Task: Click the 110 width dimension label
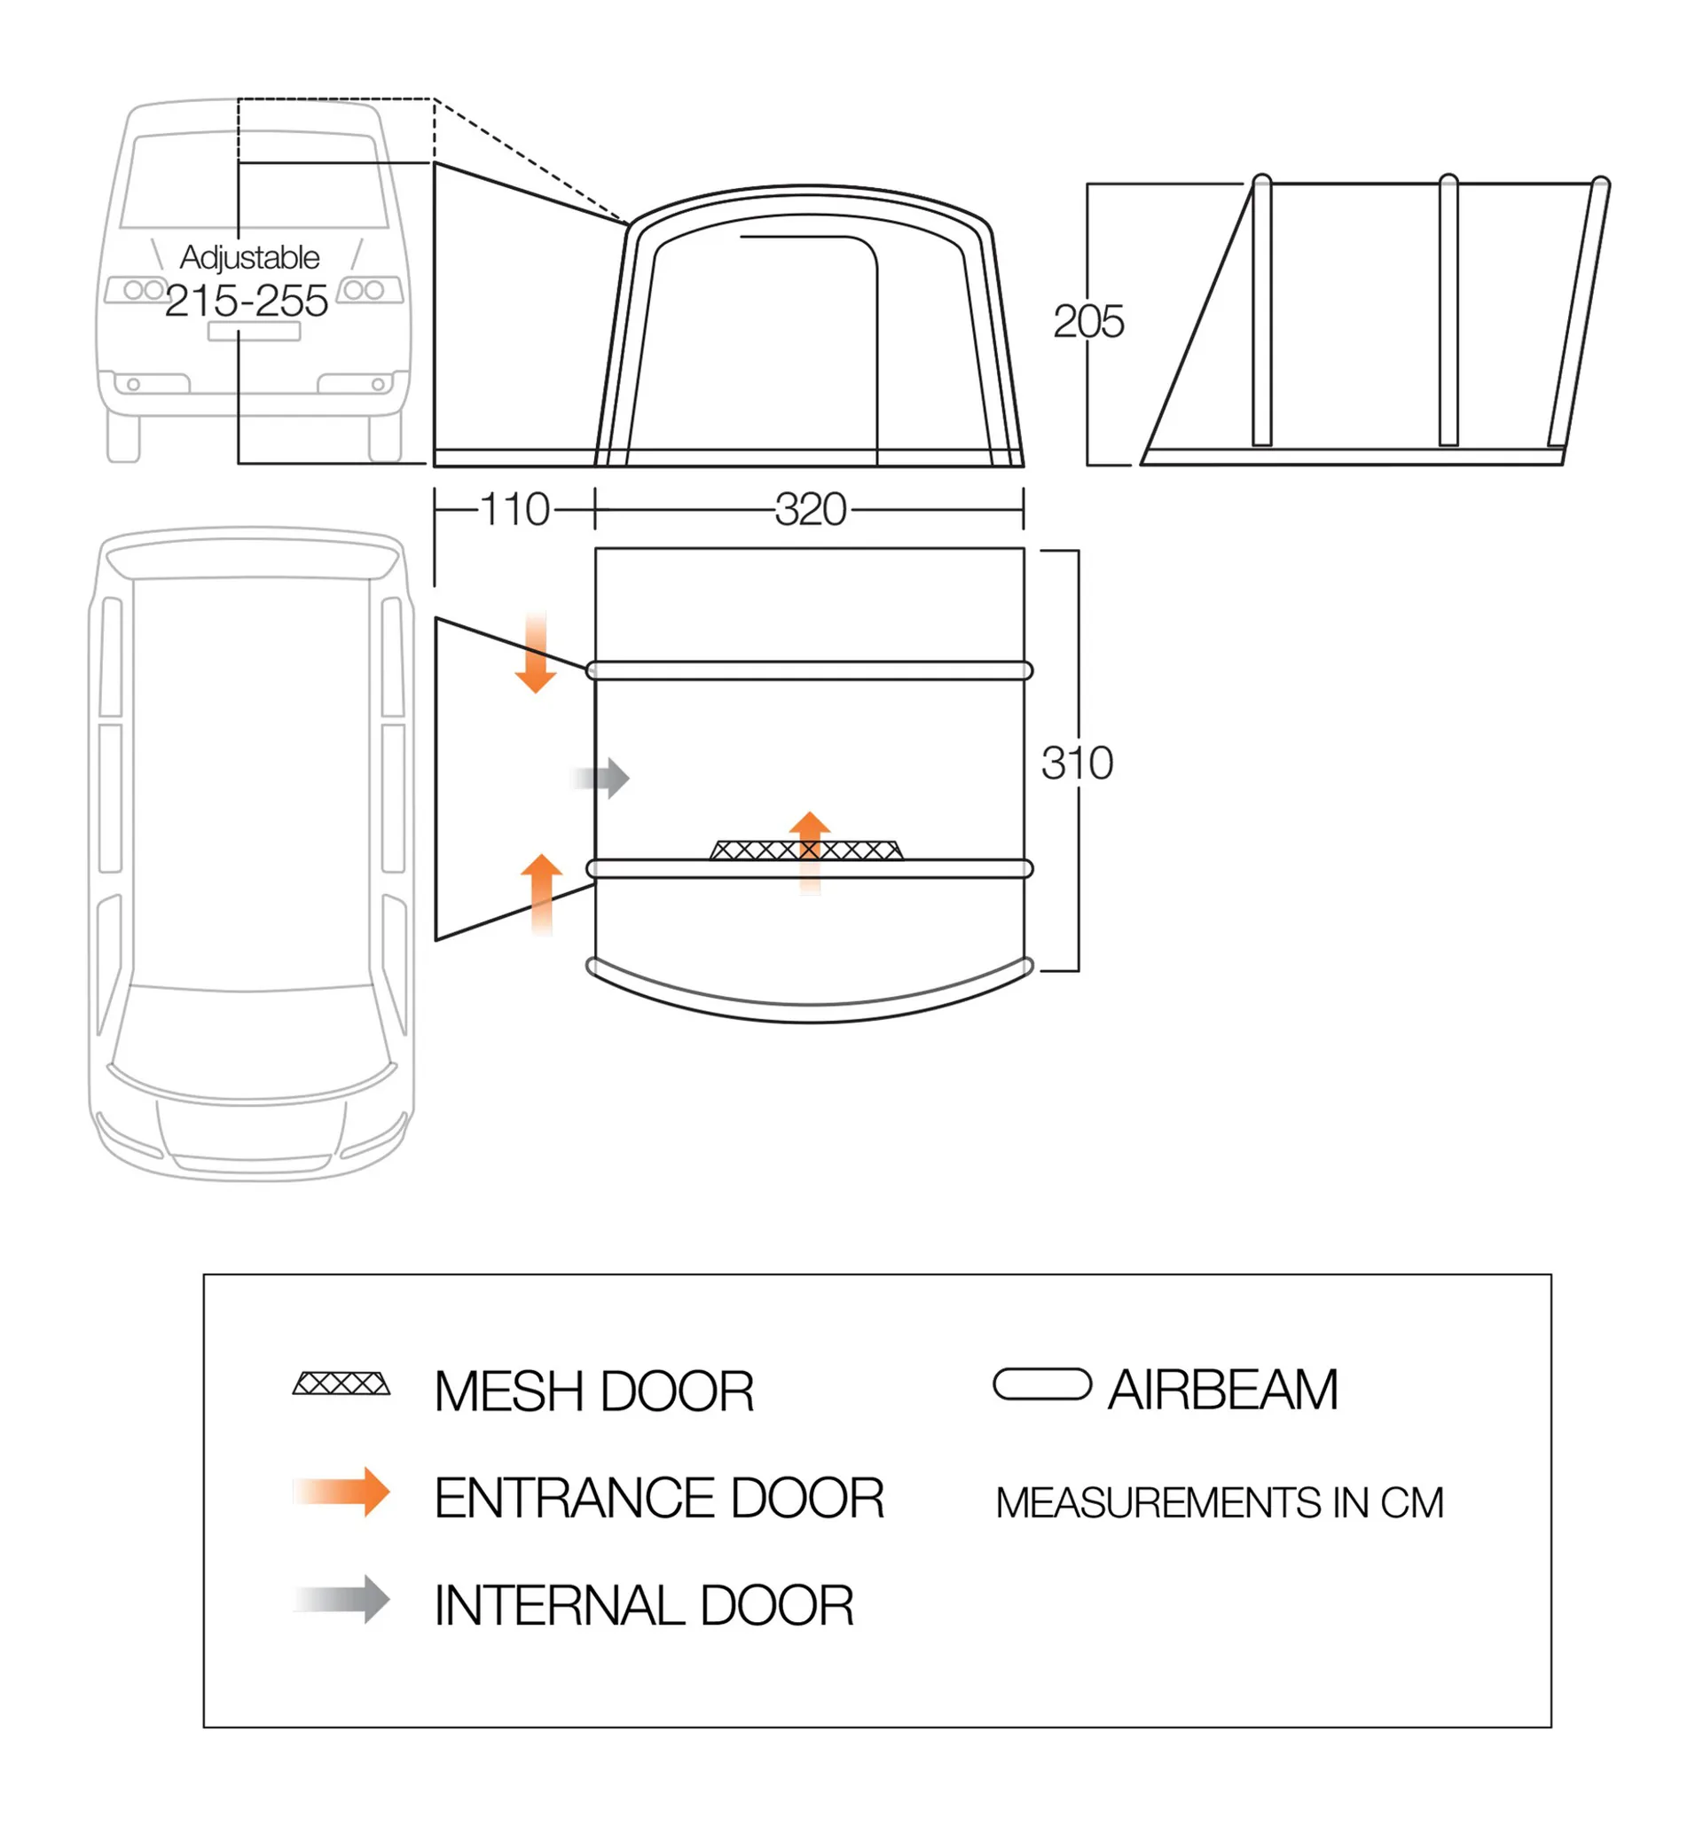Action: (x=514, y=509)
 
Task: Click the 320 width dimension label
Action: (x=810, y=509)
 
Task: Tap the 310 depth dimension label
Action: (x=1077, y=763)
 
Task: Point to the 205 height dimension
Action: (x=1088, y=322)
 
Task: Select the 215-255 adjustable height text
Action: (x=246, y=301)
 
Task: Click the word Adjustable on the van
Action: (x=250, y=257)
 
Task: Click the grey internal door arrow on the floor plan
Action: (x=604, y=779)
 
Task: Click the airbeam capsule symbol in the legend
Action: (x=1041, y=1383)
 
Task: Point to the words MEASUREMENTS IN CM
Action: (x=1220, y=1503)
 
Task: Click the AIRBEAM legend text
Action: (x=1223, y=1390)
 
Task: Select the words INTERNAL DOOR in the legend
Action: (x=643, y=1605)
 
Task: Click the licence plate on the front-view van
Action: (x=254, y=331)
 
